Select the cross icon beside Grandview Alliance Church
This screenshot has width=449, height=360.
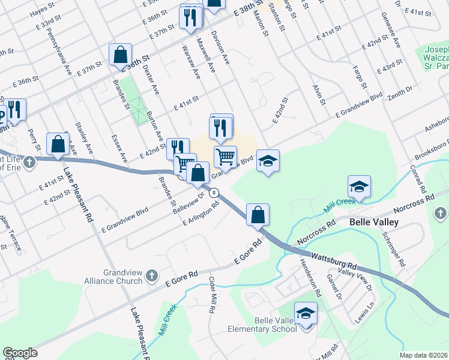click(x=152, y=275)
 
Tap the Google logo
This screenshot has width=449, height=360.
click(x=20, y=353)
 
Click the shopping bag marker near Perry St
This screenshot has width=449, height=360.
click(x=58, y=144)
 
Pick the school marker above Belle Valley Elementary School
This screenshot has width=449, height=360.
click(x=306, y=314)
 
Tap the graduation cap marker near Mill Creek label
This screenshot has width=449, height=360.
click(x=359, y=187)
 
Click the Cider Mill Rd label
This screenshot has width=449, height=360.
click(x=212, y=295)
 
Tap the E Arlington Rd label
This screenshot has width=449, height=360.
click(x=200, y=214)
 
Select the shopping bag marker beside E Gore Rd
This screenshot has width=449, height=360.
click(x=258, y=215)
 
